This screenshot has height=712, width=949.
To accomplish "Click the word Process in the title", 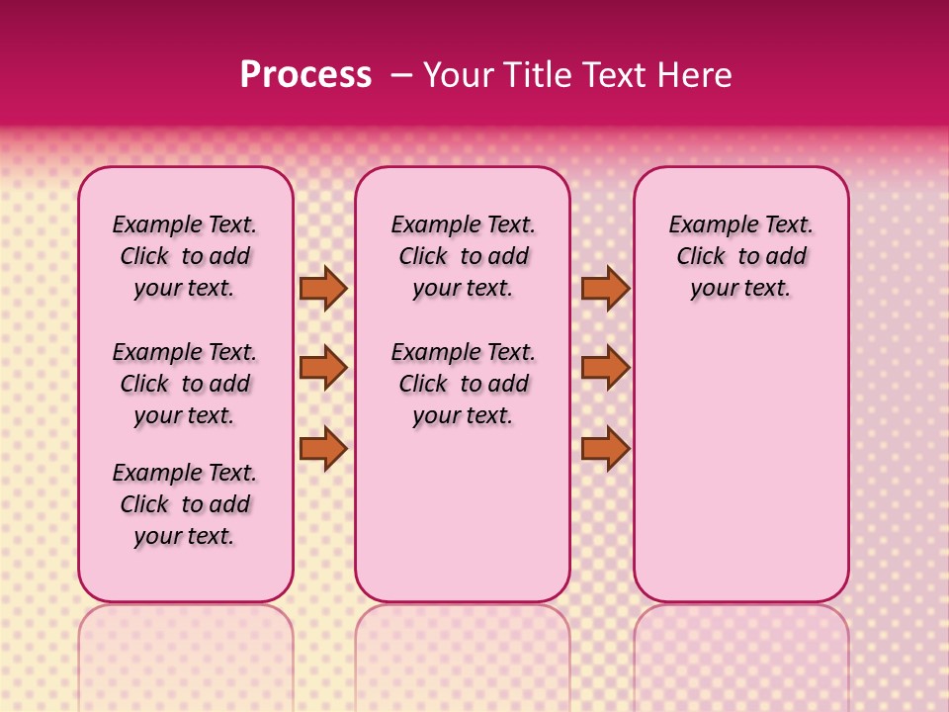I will tap(305, 74).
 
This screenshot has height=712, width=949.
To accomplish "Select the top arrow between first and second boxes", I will tap(323, 288).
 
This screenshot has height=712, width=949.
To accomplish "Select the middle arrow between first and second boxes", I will tap(323, 368).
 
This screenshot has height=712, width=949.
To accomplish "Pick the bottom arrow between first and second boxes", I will tap(323, 449).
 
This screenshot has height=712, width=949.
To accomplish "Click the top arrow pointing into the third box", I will tap(605, 288).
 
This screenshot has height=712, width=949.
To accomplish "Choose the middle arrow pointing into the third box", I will tap(605, 368).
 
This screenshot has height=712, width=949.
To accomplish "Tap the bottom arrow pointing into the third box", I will tap(605, 449).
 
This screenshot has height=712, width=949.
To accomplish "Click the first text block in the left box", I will tap(185, 256).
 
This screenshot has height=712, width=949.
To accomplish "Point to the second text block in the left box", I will tap(185, 384).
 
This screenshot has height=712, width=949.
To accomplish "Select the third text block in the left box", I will tap(185, 504).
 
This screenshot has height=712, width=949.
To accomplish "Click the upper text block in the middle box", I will tap(463, 256).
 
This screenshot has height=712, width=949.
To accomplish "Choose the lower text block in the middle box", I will tap(463, 384).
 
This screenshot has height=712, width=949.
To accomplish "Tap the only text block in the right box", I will tap(740, 256).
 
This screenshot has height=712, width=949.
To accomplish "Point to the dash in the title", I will tap(402, 74).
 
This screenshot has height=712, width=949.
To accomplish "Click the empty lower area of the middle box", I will tap(463, 514).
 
